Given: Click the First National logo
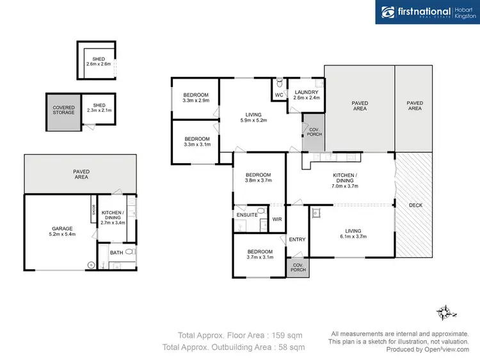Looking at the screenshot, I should click(426, 12).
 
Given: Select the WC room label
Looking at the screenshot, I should click(279, 95).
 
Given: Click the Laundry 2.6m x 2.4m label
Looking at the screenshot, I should click(305, 95).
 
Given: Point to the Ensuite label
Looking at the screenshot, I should click(247, 215).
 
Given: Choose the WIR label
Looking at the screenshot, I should click(277, 219).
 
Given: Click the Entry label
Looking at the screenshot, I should click(297, 239).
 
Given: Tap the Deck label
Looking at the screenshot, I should click(415, 205).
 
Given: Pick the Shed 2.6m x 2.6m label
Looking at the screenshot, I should click(98, 61).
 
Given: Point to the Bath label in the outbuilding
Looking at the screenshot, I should click(116, 253).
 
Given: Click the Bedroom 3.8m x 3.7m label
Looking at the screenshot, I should click(258, 178).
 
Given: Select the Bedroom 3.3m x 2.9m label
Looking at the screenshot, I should click(196, 98).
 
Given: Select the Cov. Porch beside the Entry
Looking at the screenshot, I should click(298, 267).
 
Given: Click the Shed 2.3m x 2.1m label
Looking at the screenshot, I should click(99, 108).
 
